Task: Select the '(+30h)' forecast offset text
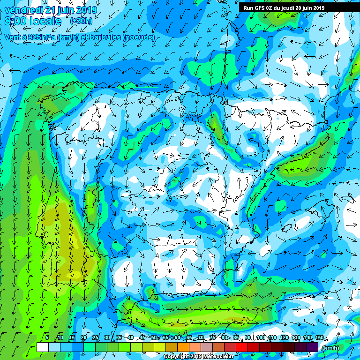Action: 81,21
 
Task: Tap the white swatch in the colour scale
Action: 42,347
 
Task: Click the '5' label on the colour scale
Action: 47,338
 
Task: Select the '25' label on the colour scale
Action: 95,338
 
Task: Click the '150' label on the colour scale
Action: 319,338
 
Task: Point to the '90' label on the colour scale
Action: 247,338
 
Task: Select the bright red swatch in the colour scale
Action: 242,347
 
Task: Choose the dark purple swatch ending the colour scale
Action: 312,347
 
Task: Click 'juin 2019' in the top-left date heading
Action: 75,10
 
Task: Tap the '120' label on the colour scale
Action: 284,338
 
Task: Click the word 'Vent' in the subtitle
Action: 13,37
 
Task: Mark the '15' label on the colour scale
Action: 72,338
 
